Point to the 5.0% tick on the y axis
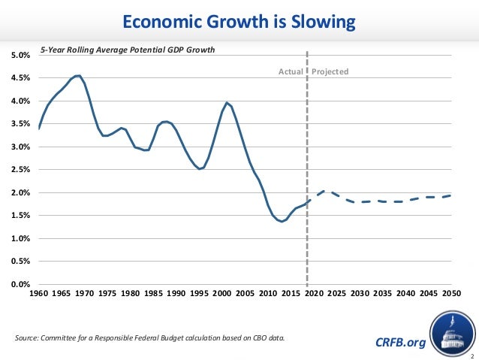click(20, 56)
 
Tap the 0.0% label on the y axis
click(20, 285)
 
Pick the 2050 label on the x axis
click(451, 293)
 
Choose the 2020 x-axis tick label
click(314, 293)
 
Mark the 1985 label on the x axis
click(153, 293)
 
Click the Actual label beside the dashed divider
click(291, 72)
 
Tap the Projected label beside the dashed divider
click(331, 72)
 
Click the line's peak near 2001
click(227, 102)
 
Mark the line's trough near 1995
click(199, 169)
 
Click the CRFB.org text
click(399, 343)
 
